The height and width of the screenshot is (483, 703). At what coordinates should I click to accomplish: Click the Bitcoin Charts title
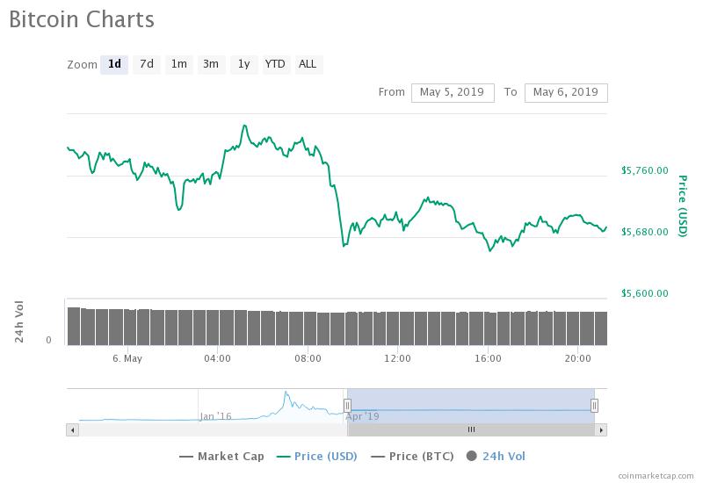point(81,19)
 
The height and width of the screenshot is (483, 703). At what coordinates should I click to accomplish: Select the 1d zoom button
point(114,64)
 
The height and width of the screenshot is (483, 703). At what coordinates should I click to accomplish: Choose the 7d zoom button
point(147,64)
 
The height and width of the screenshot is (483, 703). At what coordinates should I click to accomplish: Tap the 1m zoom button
point(179,64)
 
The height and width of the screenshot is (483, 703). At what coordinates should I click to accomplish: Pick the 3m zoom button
point(211,64)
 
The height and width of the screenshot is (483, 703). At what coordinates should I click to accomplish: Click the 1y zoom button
point(243,64)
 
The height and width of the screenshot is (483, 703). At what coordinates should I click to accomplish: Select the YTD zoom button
point(275,64)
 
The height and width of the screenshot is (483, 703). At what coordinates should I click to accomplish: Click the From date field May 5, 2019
point(453,92)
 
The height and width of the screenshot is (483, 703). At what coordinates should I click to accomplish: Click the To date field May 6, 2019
point(565,92)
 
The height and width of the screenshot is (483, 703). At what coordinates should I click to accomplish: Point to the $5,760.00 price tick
point(644,170)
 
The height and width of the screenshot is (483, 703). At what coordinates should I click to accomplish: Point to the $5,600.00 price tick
point(644,293)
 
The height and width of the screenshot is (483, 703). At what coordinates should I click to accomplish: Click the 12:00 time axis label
point(397,358)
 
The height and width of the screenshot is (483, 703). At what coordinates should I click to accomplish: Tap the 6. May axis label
point(127,358)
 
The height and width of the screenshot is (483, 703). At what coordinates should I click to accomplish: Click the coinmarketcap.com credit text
point(655,476)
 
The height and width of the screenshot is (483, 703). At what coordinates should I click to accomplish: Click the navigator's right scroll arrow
point(601,429)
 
